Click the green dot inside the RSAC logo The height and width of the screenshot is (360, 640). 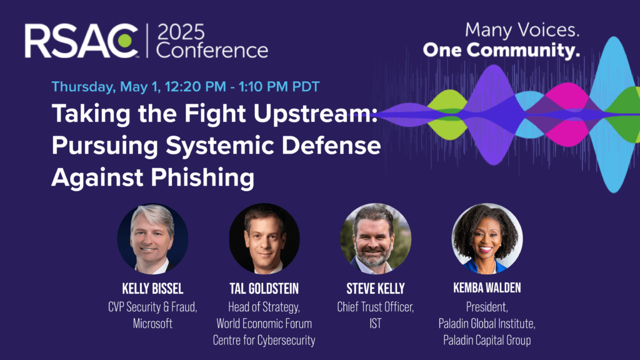coord(125,41)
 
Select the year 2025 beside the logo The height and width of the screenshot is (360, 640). coord(181,32)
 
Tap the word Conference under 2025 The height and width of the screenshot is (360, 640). coord(212,51)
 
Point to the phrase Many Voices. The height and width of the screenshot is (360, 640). coord(522,30)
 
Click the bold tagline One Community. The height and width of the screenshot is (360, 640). coord(501,50)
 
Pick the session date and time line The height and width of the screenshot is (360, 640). coord(185,86)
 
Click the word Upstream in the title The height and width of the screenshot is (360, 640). coord(316,114)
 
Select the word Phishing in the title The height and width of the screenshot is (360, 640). coord(202,178)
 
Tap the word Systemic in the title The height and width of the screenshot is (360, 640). coord(219,146)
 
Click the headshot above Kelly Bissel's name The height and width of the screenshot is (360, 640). coord(152,238)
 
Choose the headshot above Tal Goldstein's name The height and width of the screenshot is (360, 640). coord(264,238)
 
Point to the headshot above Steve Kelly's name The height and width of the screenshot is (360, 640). coord(376,238)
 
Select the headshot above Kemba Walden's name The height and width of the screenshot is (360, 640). coord(487,238)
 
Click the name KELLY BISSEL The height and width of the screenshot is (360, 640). coord(152,289)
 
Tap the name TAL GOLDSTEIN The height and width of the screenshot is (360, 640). coord(264,289)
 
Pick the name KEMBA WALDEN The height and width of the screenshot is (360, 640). coord(487,288)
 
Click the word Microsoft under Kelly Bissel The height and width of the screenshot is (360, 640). coord(152,324)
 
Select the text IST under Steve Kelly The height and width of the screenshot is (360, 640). coord(376,324)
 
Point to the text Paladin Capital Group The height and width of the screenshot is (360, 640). coord(487,341)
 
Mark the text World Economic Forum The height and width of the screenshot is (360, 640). coord(264,324)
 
